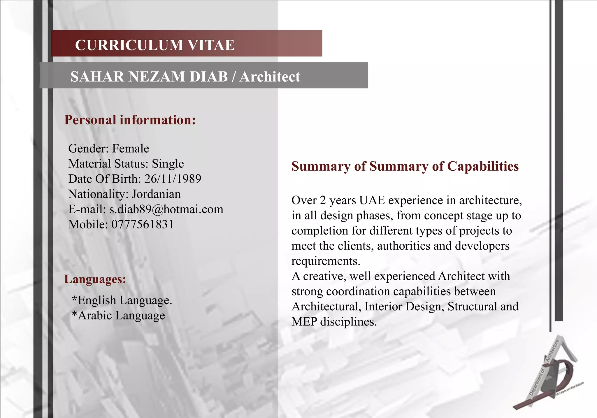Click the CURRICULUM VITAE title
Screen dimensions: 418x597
click(154, 45)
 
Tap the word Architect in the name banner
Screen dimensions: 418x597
click(270, 77)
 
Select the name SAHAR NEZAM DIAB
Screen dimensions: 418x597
click(149, 77)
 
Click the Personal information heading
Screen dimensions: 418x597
click(130, 120)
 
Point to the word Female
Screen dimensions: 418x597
click(131, 148)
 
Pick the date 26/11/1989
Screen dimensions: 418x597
click(173, 179)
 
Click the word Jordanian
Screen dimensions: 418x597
click(156, 194)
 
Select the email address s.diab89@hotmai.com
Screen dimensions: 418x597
click(166, 209)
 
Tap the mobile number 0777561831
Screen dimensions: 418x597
click(143, 224)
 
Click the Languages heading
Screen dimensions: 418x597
click(95, 279)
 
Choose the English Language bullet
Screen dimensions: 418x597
click(122, 300)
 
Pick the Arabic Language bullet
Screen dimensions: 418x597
click(118, 315)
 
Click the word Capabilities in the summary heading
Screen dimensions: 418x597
click(483, 166)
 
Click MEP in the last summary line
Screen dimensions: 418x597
click(304, 322)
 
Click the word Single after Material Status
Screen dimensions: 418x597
click(168, 164)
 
